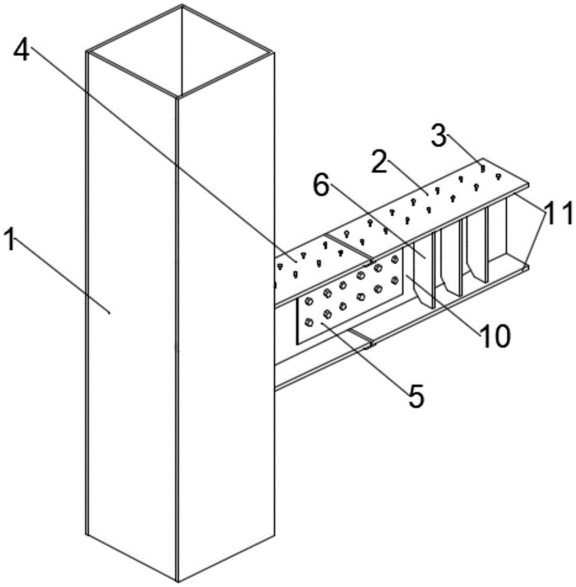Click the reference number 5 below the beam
pos(416,396)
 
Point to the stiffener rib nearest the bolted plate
pos(433,269)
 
